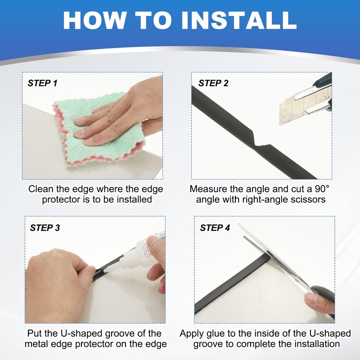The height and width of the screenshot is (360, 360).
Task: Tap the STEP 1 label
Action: pyautogui.click(x=42, y=83)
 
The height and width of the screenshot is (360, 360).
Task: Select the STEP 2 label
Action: pyautogui.click(x=213, y=83)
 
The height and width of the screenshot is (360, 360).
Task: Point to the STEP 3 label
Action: pyautogui.click(x=45, y=228)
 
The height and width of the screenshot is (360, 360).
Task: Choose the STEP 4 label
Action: pyautogui.click(x=215, y=228)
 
